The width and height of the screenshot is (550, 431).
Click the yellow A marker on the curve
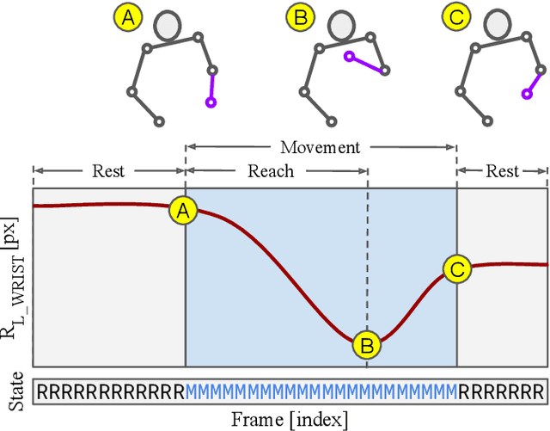[183, 210]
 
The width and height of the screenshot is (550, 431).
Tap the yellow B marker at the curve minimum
[367, 346]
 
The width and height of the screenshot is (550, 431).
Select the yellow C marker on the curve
[457, 269]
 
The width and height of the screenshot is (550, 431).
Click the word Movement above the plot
[321, 147]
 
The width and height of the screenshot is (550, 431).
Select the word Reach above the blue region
[271, 171]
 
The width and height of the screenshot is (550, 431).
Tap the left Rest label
[108, 171]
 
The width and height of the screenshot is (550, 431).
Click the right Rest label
[502, 171]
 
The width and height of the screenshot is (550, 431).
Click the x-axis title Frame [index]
[290, 420]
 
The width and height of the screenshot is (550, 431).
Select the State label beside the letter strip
[15, 392]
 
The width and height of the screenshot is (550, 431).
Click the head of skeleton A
[168, 26]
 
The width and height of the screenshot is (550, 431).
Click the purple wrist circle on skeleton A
[211, 103]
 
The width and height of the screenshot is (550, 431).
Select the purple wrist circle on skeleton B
[349, 56]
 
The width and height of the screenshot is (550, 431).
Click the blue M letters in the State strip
[321, 393]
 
